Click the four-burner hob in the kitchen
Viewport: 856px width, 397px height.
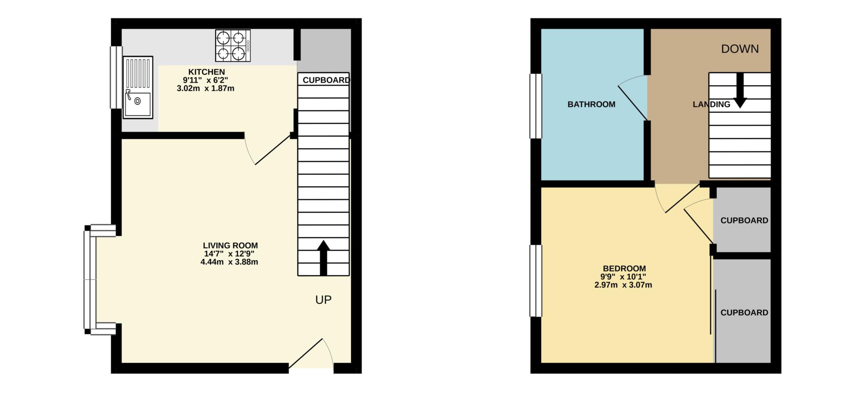point(233,46)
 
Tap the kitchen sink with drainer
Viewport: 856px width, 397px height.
point(138,87)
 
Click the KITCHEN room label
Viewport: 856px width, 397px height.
point(206,72)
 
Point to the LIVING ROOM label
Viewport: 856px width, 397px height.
point(230,246)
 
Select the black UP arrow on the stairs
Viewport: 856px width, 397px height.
point(324,258)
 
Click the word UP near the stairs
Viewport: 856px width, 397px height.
point(324,300)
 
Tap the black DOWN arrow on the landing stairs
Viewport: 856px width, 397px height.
point(740,90)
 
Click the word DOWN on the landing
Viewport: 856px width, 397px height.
point(740,49)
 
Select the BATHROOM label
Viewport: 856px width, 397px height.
point(591,104)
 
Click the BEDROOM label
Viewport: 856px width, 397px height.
point(624,268)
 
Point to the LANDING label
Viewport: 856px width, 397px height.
point(711,104)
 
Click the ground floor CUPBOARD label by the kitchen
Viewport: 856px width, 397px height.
point(326,80)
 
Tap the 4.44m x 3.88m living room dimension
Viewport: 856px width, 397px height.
point(229,262)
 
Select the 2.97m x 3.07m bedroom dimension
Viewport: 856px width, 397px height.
point(623,285)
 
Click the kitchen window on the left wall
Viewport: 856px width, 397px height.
point(116,77)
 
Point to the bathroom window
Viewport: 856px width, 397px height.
point(535,106)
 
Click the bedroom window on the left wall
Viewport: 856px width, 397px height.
point(535,281)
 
